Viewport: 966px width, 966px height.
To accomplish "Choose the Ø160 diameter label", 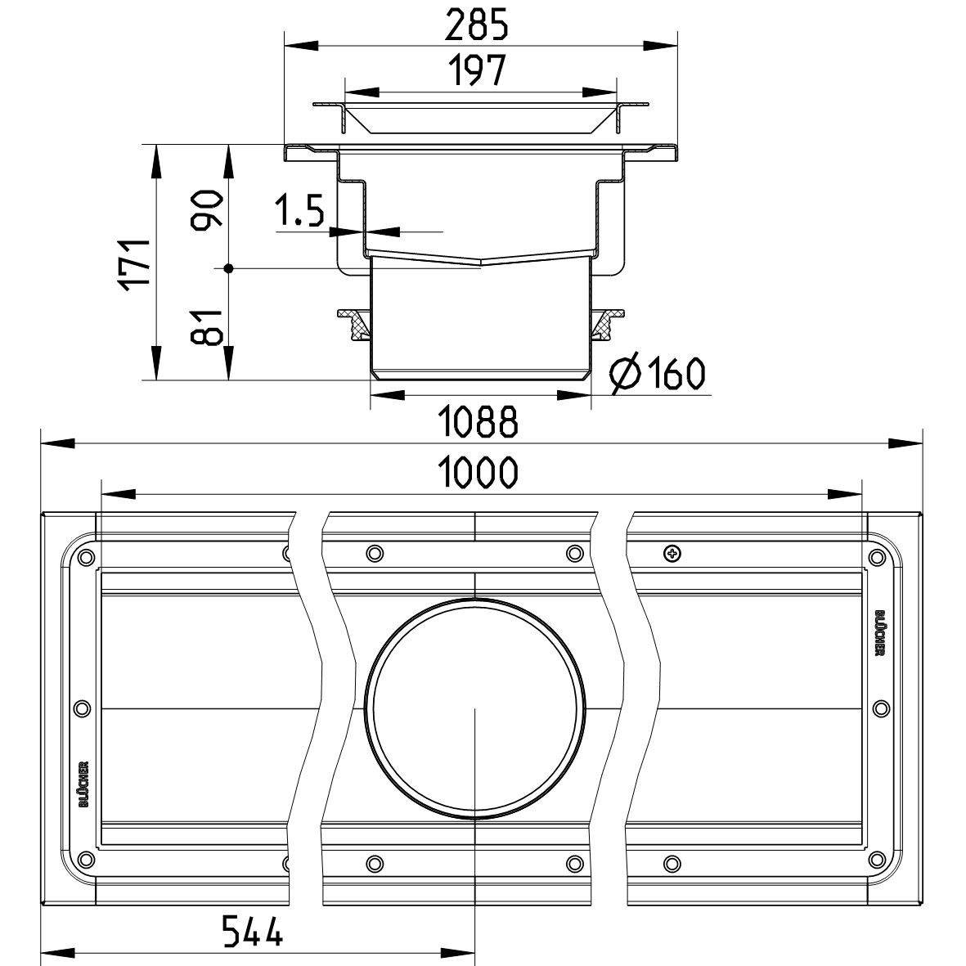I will point(657,375).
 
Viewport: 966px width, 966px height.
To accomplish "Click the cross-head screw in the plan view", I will point(672,554).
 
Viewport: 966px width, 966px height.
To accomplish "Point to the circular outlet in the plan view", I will point(476,708).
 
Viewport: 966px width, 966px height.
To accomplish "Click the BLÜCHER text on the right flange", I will point(878,632).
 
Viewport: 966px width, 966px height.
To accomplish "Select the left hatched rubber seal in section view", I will point(357,325).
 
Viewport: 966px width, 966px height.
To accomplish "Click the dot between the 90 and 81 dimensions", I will point(229,267).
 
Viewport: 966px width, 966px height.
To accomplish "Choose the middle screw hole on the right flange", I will point(879,708).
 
